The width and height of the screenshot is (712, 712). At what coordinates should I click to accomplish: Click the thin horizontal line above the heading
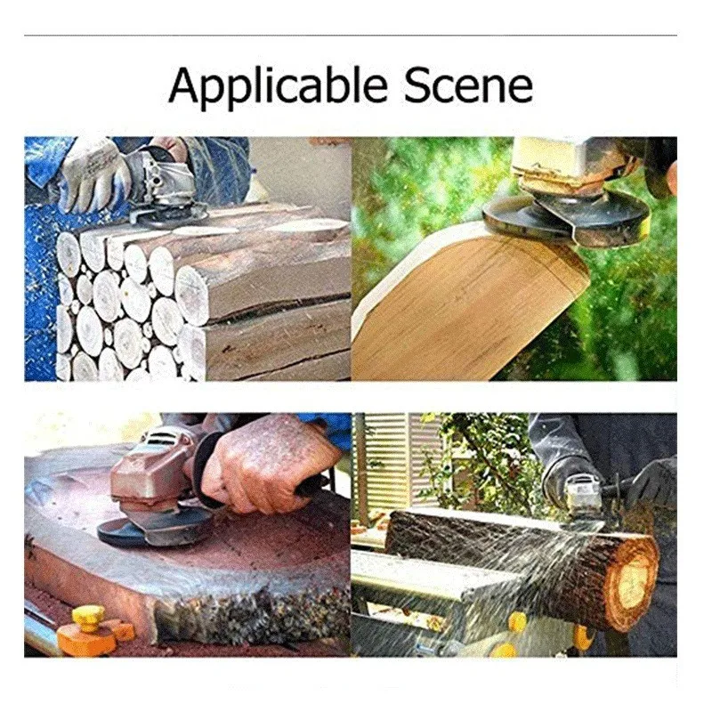point(356,36)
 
